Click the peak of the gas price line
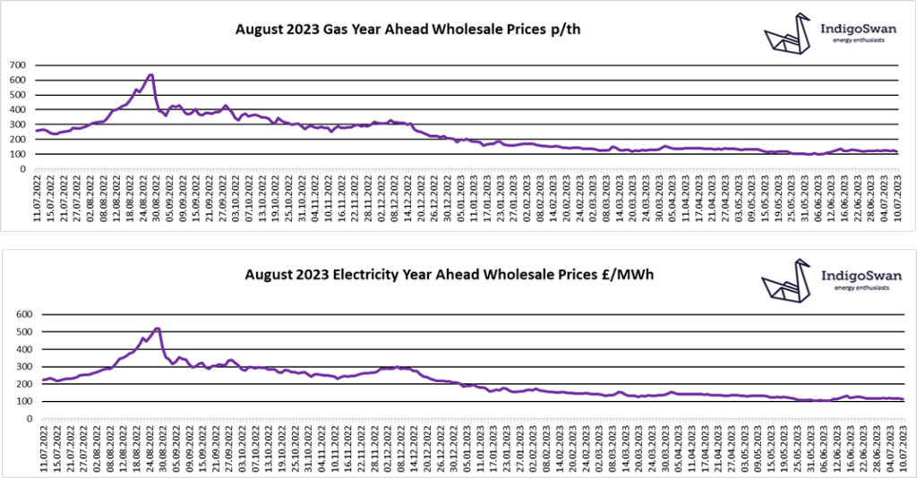pyautogui.click(x=150, y=75)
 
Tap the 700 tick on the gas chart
pyautogui.click(x=18, y=65)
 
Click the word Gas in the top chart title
pyautogui.click(x=358, y=30)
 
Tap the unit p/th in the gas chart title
pyautogui.click(x=565, y=30)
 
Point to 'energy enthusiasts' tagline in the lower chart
pyautogui.click(x=859, y=288)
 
